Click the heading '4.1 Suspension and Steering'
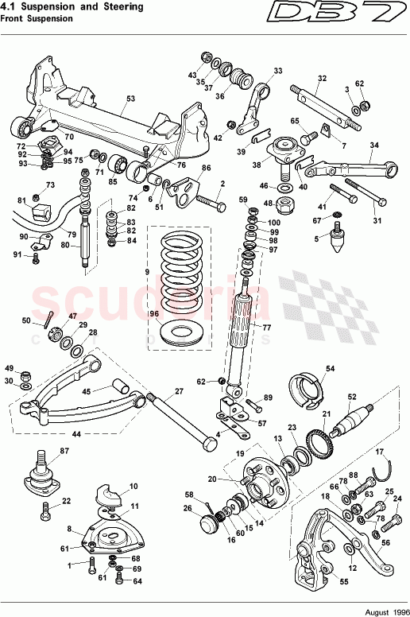[x=72, y=7]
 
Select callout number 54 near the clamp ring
[x=331, y=369]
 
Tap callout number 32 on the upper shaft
[x=322, y=78]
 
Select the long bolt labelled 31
[x=358, y=196]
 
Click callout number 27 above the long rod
[x=179, y=390]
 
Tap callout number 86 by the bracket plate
[x=206, y=168]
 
